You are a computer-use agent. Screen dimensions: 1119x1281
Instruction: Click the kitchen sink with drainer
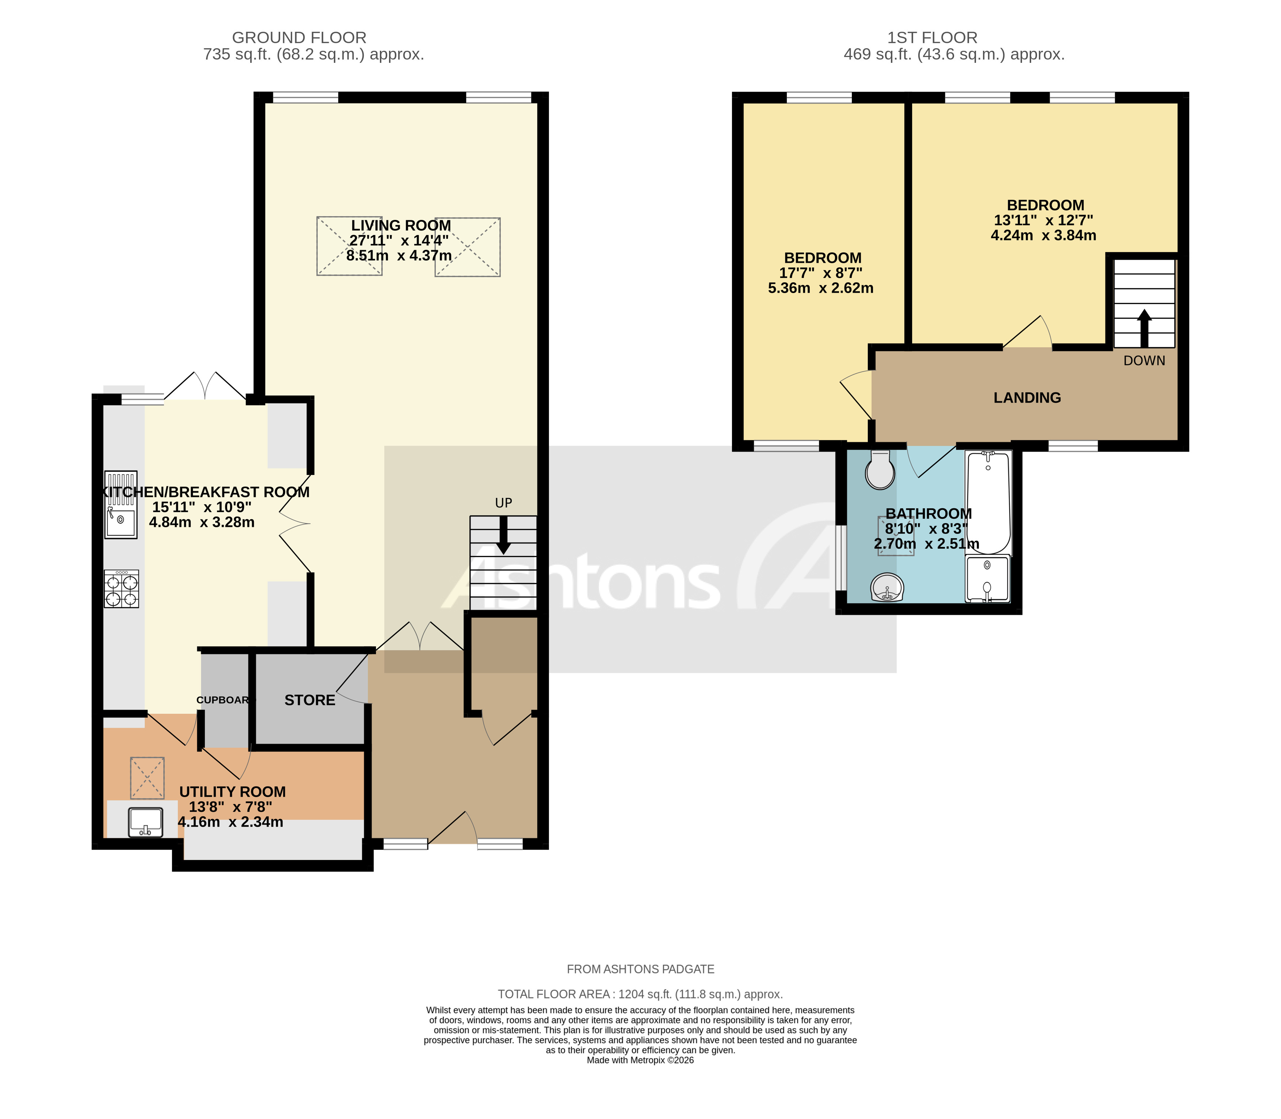(121, 505)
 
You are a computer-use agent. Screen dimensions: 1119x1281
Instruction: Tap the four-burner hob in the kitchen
(121, 589)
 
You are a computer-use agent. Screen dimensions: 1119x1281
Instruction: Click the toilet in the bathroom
(880, 470)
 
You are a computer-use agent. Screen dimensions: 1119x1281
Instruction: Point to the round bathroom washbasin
(887, 587)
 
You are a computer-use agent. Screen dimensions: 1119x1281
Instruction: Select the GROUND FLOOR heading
(299, 38)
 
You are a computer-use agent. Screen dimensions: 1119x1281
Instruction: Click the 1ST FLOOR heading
(932, 38)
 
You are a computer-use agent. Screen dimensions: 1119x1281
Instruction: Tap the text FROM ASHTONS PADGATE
(640, 969)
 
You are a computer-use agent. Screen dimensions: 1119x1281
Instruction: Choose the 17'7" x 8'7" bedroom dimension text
(820, 273)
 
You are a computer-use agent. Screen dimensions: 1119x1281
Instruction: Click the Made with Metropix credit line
(640, 1060)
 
